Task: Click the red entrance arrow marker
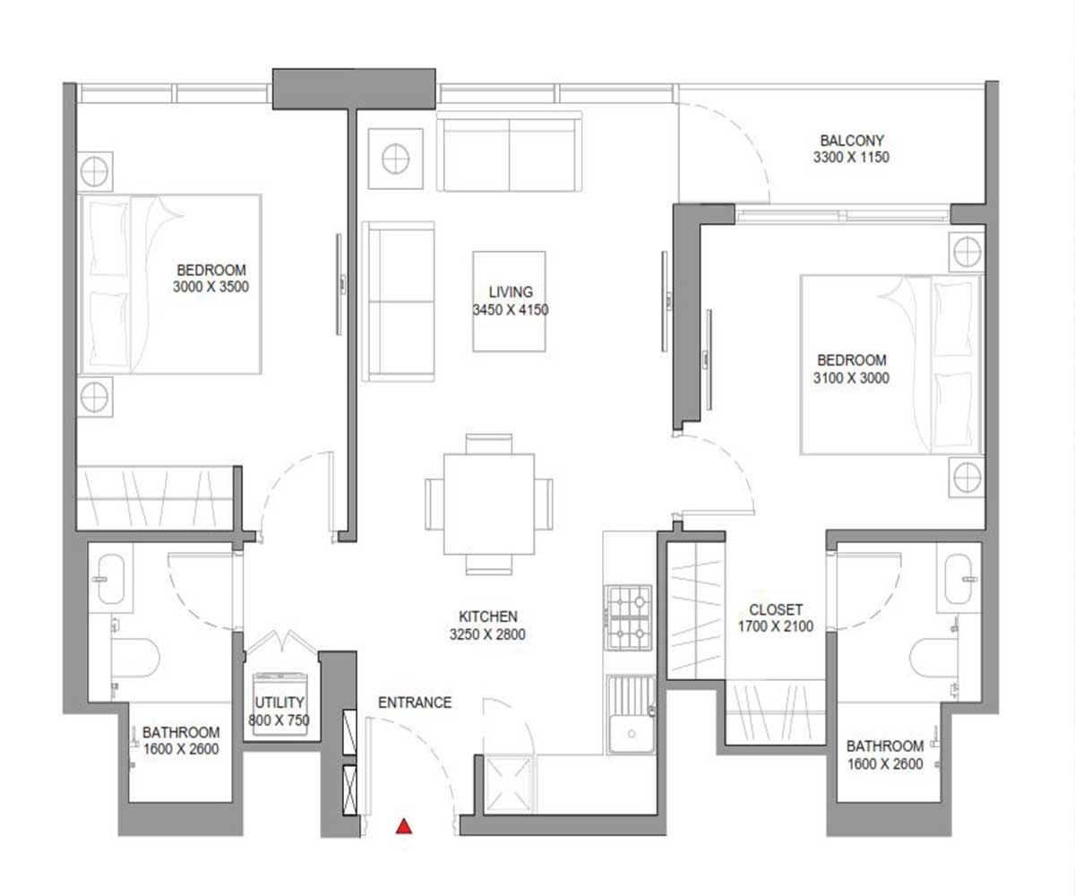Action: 405,826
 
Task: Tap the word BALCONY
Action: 851,141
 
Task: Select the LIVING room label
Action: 511,292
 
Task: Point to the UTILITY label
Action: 279,702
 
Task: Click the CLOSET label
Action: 775,608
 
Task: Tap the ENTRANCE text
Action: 414,702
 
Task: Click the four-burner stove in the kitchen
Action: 630,618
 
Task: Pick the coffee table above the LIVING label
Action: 511,269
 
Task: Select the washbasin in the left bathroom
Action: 112,579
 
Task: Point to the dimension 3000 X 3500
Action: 211,288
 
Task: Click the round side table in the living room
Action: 394,159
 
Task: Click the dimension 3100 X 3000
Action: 851,378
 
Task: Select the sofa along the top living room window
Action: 509,152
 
